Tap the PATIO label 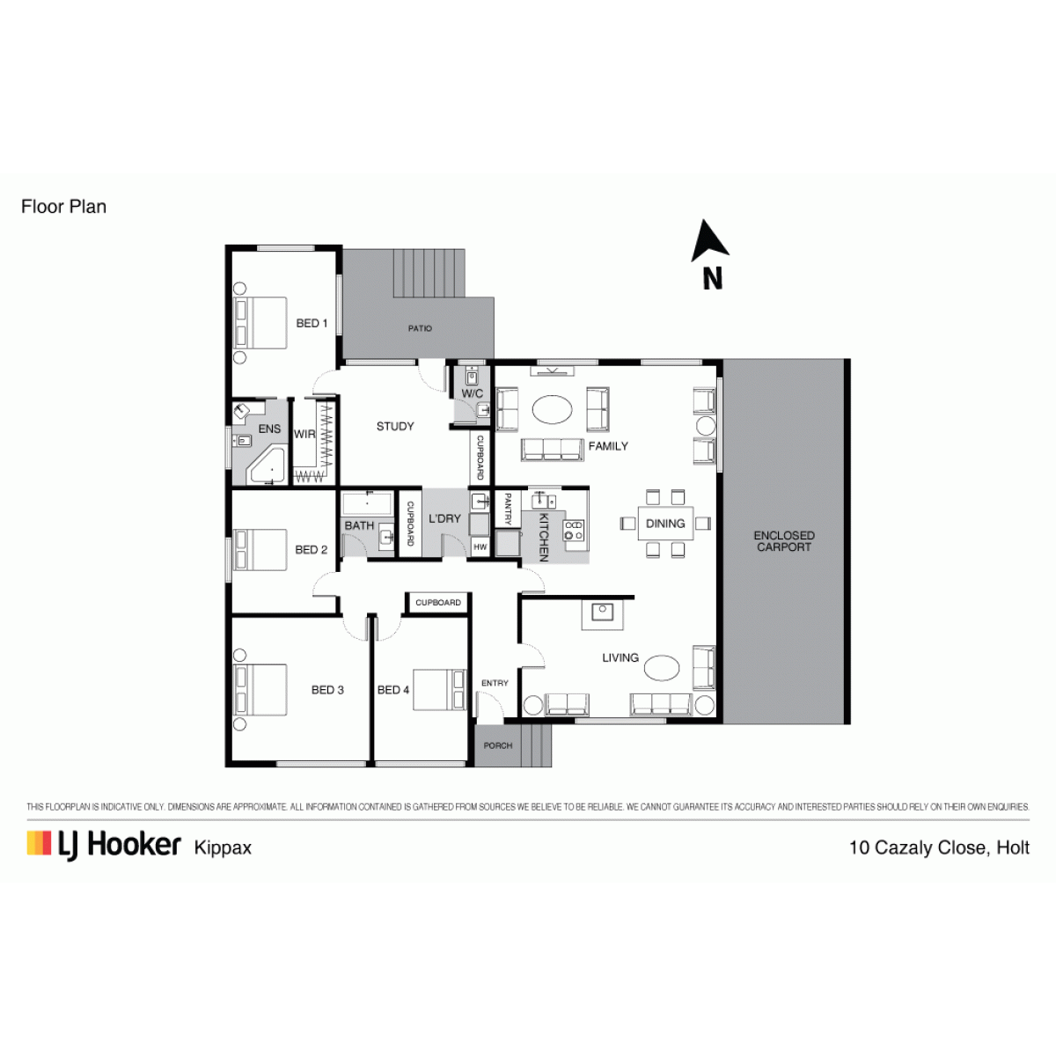click(420, 328)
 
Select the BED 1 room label click(312, 323)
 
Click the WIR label click(304, 434)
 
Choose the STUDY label click(395, 426)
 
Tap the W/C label click(473, 393)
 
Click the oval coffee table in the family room click(552, 409)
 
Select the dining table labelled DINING click(665, 524)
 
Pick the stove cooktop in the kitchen click(575, 531)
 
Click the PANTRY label click(508, 510)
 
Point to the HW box click(480, 546)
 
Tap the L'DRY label click(444, 518)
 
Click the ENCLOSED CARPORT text click(784, 541)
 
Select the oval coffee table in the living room click(662, 668)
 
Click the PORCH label click(497, 746)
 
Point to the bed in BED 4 click(439, 689)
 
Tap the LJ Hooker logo click(104, 846)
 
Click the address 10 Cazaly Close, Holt click(939, 847)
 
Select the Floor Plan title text click(63, 207)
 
